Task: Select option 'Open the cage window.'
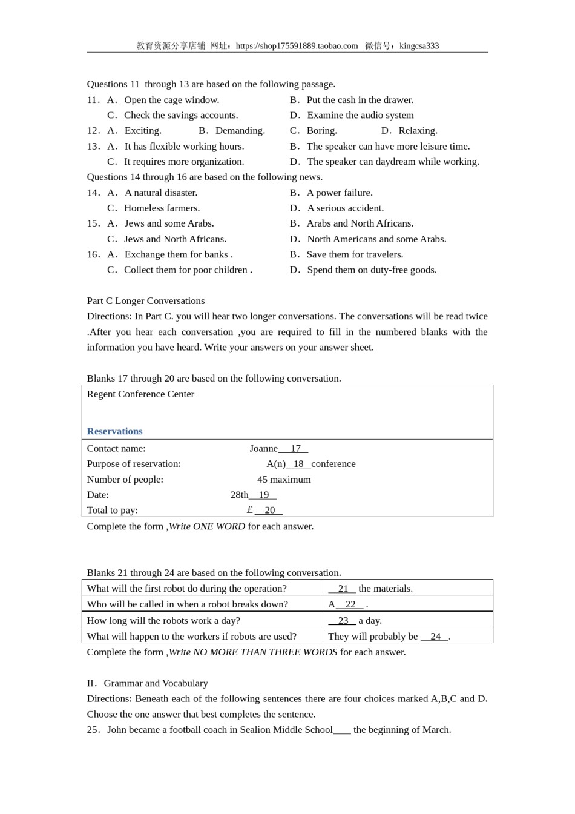click(x=171, y=100)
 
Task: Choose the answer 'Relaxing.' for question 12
click(x=417, y=131)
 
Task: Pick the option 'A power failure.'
click(x=339, y=193)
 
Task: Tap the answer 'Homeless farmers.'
click(x=162, y=208)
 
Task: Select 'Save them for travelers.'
click(x=355, y=254)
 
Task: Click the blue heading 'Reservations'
click(x=114, y=431)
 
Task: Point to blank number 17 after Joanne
click(x=295, y=449)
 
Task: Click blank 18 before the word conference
click(x=298, y=464)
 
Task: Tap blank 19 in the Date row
click(x=263, y=495)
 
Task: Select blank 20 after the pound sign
click(x=269, y=511)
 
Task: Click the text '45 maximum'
click(x=284, y=480)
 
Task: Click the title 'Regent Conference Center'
click(x=140, y=394)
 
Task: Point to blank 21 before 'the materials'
click(x=343, y=589)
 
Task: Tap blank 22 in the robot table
click(x=350, y=604)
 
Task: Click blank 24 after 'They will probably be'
click(x=435, y=637)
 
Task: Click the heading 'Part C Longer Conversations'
click(x=145, y=301)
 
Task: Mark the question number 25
click(x=93, y=730)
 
